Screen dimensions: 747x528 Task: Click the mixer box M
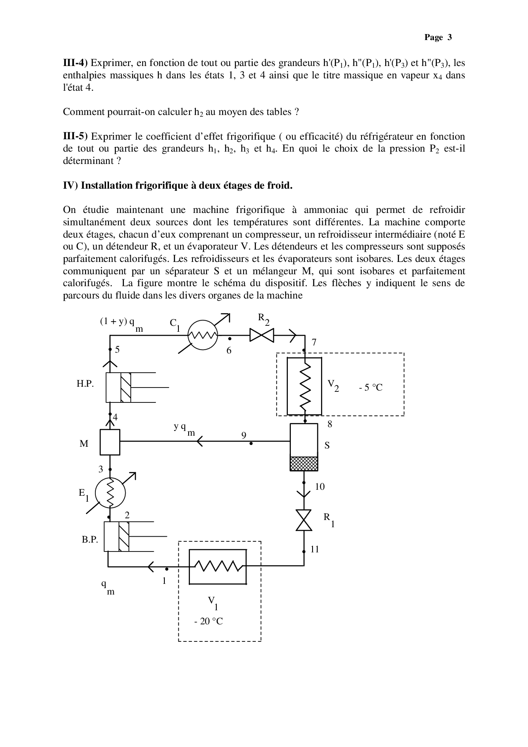click(x=110, y=442)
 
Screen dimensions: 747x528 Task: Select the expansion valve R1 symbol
click(x=304, y=520)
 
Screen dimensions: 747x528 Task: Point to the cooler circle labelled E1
click(x=110, y=493)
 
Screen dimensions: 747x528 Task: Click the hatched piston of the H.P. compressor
click(x=126, y=388)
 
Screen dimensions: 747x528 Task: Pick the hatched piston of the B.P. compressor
click(x=123, y=537)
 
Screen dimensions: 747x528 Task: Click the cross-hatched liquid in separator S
click(x=304, y=464)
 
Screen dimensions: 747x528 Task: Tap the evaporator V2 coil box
click(x=304, y=386)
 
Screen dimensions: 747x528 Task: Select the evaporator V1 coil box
click(x=218, y=566)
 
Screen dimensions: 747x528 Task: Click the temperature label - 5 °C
click(x=370, y=388)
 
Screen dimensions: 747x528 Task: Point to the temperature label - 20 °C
click(x=208, y=621)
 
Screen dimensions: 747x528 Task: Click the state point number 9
click(x=244, y=435)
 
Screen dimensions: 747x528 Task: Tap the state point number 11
click(x=315, y=549)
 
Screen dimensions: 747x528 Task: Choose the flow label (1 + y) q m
click(x=121, y=323)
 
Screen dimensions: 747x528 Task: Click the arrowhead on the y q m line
click(x=199, y=442)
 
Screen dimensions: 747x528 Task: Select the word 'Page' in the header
click(x=433, y=37)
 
